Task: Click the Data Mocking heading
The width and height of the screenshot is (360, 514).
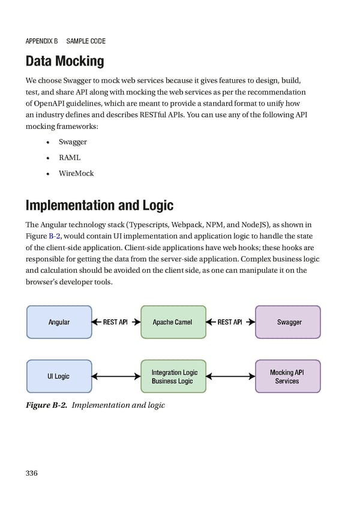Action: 65,61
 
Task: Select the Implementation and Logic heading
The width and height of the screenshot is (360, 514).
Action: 99,206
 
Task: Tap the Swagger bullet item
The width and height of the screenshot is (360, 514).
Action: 73,142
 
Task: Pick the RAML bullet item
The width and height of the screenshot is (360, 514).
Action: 70,158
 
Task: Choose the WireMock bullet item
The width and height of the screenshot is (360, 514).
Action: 76,173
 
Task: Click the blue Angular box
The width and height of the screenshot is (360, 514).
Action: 59,322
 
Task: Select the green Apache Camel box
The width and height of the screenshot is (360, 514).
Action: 173,322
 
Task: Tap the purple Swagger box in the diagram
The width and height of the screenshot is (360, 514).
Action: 289,322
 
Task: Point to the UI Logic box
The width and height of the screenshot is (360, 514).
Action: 59,376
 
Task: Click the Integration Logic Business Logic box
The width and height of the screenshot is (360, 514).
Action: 173,376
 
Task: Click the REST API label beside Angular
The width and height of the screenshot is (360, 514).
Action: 115,322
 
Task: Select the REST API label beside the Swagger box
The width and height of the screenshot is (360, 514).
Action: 230,322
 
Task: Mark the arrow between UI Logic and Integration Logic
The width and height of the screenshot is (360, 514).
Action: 116,377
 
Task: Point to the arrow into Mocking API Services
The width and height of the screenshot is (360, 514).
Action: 230,377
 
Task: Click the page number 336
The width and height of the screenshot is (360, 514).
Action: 32,473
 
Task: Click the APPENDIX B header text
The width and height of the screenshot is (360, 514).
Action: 41,41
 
